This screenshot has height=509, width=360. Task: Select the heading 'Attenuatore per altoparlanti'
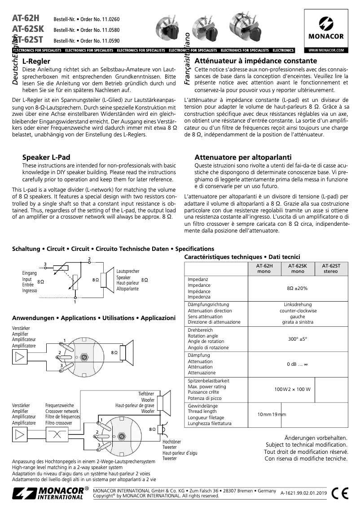pos(243,158)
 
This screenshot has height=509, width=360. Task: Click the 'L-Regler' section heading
pos(36,61)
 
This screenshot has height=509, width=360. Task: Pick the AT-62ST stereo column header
pos(331,268)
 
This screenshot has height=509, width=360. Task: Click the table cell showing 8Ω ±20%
pos(298,288)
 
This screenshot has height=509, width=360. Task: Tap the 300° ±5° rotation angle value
pos(298,339)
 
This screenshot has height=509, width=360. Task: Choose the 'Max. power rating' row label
pos(207,386)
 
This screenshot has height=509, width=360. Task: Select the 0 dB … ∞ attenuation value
pos(298,364)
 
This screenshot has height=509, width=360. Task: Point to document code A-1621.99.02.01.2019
pos(304,493)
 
